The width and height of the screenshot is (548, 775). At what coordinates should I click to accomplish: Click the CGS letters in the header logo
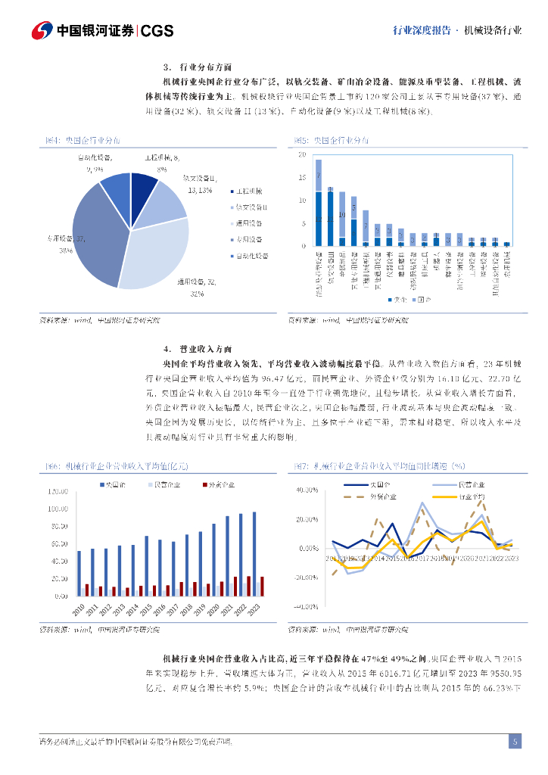point(157,30)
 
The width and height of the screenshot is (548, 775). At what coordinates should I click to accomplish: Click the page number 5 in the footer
point(515,742)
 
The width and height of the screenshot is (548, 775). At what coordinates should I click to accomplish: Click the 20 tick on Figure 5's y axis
point(302,154)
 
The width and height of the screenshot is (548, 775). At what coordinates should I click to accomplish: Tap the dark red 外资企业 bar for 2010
point(87,590)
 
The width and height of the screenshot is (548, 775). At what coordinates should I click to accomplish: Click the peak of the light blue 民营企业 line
point(422,503)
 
